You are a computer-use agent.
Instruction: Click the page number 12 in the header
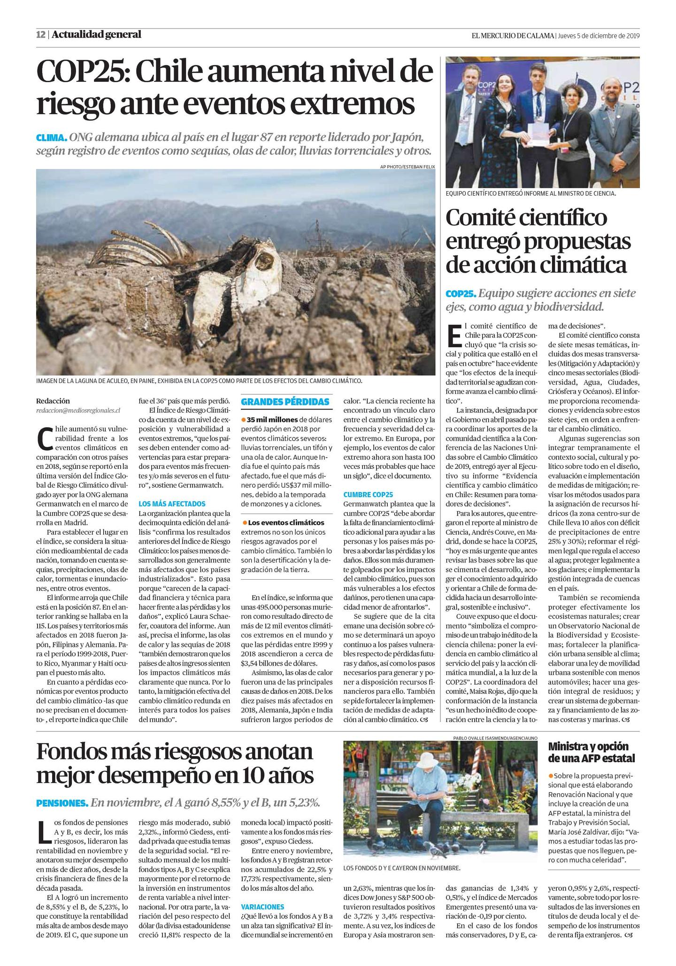(x=41, y=35)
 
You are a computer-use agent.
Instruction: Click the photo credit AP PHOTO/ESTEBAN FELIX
(x=407, y=167)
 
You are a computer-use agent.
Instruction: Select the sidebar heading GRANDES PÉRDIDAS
(x=285, y=402)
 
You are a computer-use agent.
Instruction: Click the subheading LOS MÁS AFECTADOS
(x=172, y=504)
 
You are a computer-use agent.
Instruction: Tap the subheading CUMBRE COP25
(x=368, y=494)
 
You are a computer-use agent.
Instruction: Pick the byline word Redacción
(x=53, y=401)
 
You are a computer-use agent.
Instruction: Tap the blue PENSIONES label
(x=62, y=803)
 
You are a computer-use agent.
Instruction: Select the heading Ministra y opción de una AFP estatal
(x=591, y=752)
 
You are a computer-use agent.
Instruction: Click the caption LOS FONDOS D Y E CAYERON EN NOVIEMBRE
(x=401, y=868)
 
